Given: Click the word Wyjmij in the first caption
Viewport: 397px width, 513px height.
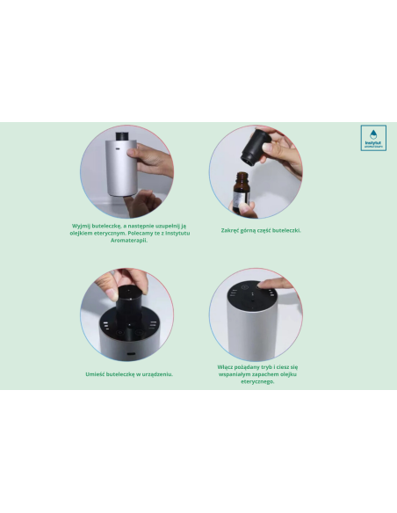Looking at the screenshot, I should tap(86, 225).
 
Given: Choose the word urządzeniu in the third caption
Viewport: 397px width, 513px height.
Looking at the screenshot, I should tap(155, 373).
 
